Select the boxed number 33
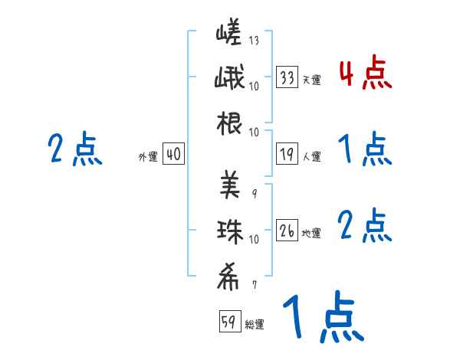pyautogui.click(x=287, y=77)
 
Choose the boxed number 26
pyautogui.click(x=287, y=231)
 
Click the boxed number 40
pyautogui.click(x=172, y=154)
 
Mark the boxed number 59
pyautogui.click(x=228, y=322)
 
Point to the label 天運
pyautogui.click(x=311, y=80)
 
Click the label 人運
pyautogui.click(x=311, y=157)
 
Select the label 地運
pyautogui.click(x=311, y=233)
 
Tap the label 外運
pyautogui.click(x=147, y=157)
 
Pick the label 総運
pyautogui.click(x=254, y=325)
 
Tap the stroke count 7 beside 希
pyautogui.click(x=254, y=286)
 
